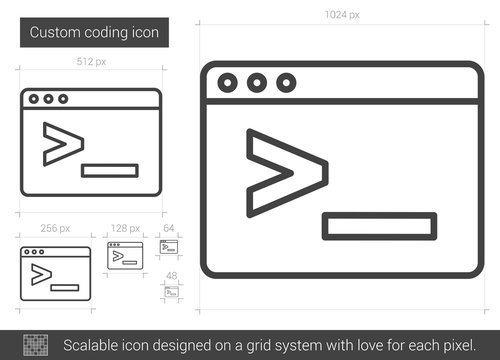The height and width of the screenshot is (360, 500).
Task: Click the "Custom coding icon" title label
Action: (92, 33)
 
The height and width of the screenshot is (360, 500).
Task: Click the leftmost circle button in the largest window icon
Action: (229, 83)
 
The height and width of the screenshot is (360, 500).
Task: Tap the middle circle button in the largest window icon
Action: (257, 83)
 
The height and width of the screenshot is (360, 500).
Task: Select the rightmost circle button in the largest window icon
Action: (285, 83)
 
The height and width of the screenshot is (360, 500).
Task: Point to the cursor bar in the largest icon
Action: (379, 226)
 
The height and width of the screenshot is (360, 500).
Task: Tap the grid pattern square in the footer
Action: (34, 345)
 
